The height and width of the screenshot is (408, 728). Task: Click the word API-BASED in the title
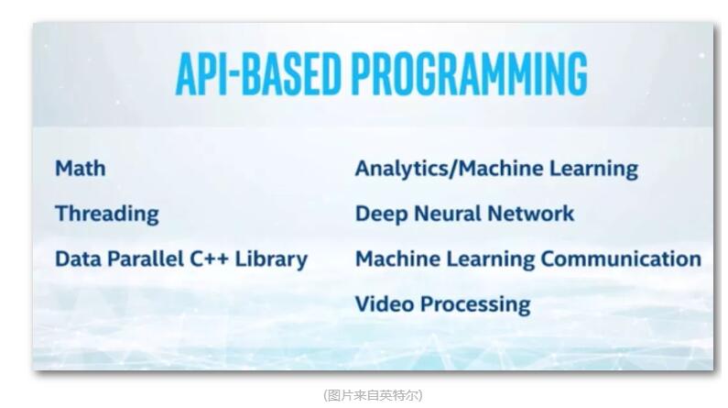click(x=258, y=73)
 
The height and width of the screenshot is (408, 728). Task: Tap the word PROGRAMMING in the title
click(x=470, y=73)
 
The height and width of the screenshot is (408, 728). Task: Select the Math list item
click(x=81, y=168)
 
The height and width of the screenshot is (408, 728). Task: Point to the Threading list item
click(x=107, y=215)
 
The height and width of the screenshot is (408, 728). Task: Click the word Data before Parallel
click(x=78, y=259)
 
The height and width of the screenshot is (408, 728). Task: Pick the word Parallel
click(x=146, y=259)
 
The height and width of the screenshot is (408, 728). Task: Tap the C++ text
click(x=209, y=259)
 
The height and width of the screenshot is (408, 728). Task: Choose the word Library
click(x=271, y=259)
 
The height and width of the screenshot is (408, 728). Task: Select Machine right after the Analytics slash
click(x=501, y=168)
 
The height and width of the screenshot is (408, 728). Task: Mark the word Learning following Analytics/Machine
click(x=593, y=169)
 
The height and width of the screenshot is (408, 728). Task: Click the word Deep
click(x=381, y=215)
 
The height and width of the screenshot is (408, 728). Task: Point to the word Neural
click(x=448, y=214)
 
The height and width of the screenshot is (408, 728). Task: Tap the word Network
click(x=531, y=214)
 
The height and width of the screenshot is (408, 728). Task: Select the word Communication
click(x=621, y=259)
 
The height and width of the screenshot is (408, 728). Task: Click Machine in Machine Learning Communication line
click(x=398, y=259)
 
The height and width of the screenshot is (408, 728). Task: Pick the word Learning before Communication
click(x=491, y=259)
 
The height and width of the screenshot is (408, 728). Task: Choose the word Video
click(x=385, y=304)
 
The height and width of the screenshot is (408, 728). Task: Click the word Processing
click(x=475, y=305)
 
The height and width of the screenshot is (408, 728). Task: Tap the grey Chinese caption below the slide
click(x=373, y=395)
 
